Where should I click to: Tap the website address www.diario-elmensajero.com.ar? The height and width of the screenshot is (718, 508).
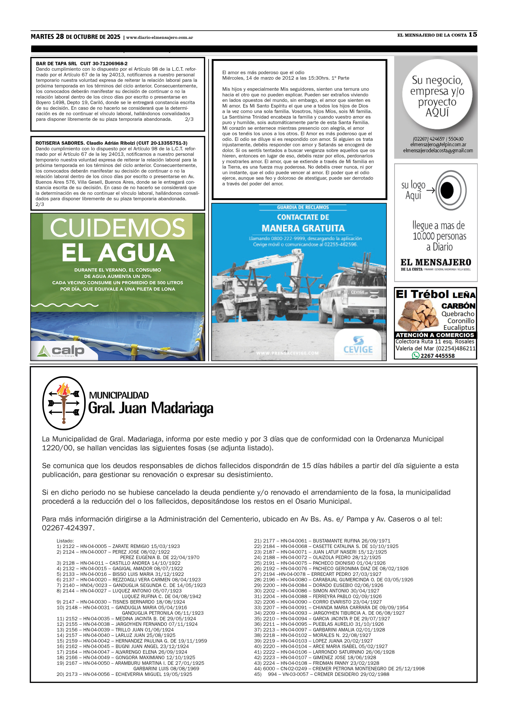coord(160,38)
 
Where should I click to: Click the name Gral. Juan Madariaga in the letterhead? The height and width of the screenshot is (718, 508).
coord(151,408)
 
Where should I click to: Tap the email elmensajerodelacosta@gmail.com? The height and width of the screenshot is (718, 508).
coord(438,150)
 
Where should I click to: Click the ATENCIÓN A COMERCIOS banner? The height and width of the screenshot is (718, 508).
coord(435,335)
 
